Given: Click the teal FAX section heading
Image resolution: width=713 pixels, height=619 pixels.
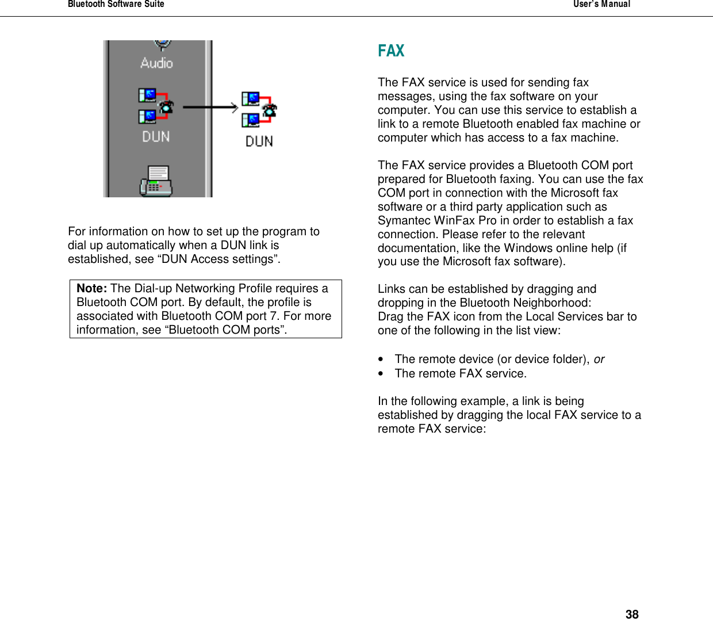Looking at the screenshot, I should [x=391, y=51].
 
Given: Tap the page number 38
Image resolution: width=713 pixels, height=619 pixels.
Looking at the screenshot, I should [x=632, y=614].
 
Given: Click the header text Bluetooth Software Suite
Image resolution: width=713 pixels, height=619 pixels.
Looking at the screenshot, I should [x=116, y=4].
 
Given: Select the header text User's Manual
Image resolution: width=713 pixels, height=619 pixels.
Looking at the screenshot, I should [x=601, y=4].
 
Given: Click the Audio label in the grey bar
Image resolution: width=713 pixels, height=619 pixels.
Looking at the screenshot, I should [x=156, y=63].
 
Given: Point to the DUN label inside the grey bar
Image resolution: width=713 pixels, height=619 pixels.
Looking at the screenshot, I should [x=156, y=137].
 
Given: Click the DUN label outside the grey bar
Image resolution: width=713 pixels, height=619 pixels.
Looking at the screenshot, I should [x=259, y=142].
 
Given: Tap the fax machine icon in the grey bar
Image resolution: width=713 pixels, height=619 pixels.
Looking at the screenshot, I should [x=156, y=181].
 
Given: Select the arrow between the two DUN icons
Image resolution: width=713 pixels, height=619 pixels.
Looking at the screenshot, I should [x=210, y=107].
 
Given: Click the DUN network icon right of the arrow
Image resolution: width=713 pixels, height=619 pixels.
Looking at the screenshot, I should [x=259, y=109].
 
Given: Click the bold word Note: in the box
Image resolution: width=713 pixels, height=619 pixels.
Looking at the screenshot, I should [x=91, y=288].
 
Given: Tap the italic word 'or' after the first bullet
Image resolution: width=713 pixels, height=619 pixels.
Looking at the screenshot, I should [x=599, y=359].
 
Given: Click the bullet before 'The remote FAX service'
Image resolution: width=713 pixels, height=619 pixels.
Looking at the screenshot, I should [x=381, y=374].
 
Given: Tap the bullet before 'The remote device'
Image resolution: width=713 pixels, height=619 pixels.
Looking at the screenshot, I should [x=381, y=360].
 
